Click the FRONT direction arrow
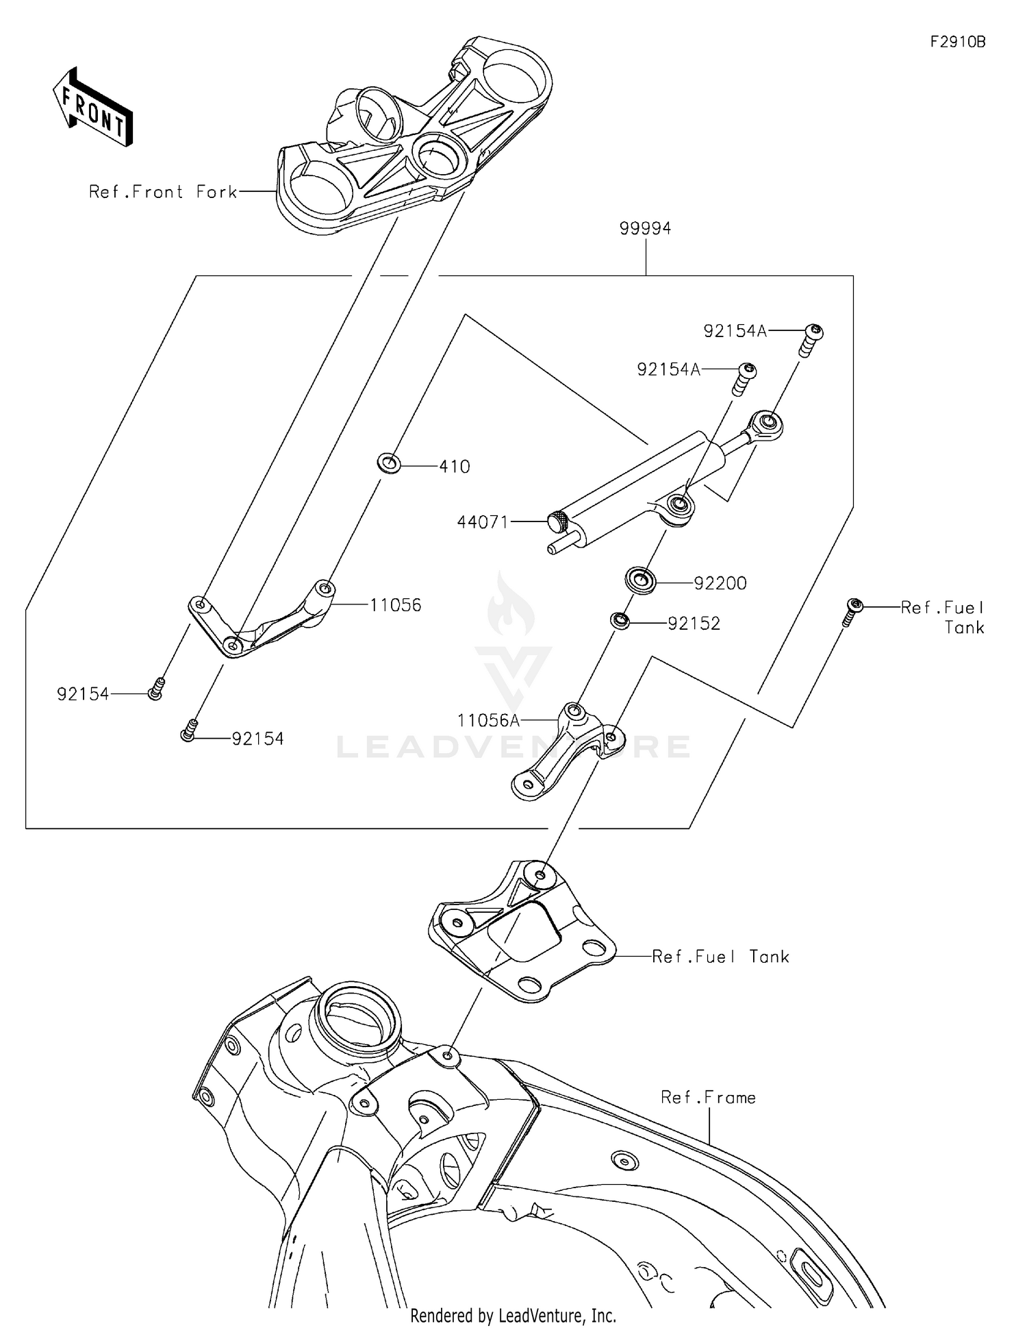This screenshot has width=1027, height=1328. (92, 108)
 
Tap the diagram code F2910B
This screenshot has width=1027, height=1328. (957, 42)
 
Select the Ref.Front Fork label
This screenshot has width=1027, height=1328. (163, 192)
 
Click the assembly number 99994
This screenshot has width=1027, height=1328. (645, 228)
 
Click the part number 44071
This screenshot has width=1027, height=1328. (483, 522)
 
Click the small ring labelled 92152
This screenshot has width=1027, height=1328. (620, 621)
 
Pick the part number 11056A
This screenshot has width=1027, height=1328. (488, 720)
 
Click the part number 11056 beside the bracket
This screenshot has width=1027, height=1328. (396, 605)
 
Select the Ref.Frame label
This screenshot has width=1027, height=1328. (708, 1097)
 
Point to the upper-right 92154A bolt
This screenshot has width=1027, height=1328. (811, 339)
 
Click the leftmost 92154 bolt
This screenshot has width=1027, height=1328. (156, 689)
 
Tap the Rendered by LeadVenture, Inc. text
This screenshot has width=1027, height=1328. (513, 1315)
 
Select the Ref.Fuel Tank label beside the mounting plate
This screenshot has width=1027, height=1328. (720, 957)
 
